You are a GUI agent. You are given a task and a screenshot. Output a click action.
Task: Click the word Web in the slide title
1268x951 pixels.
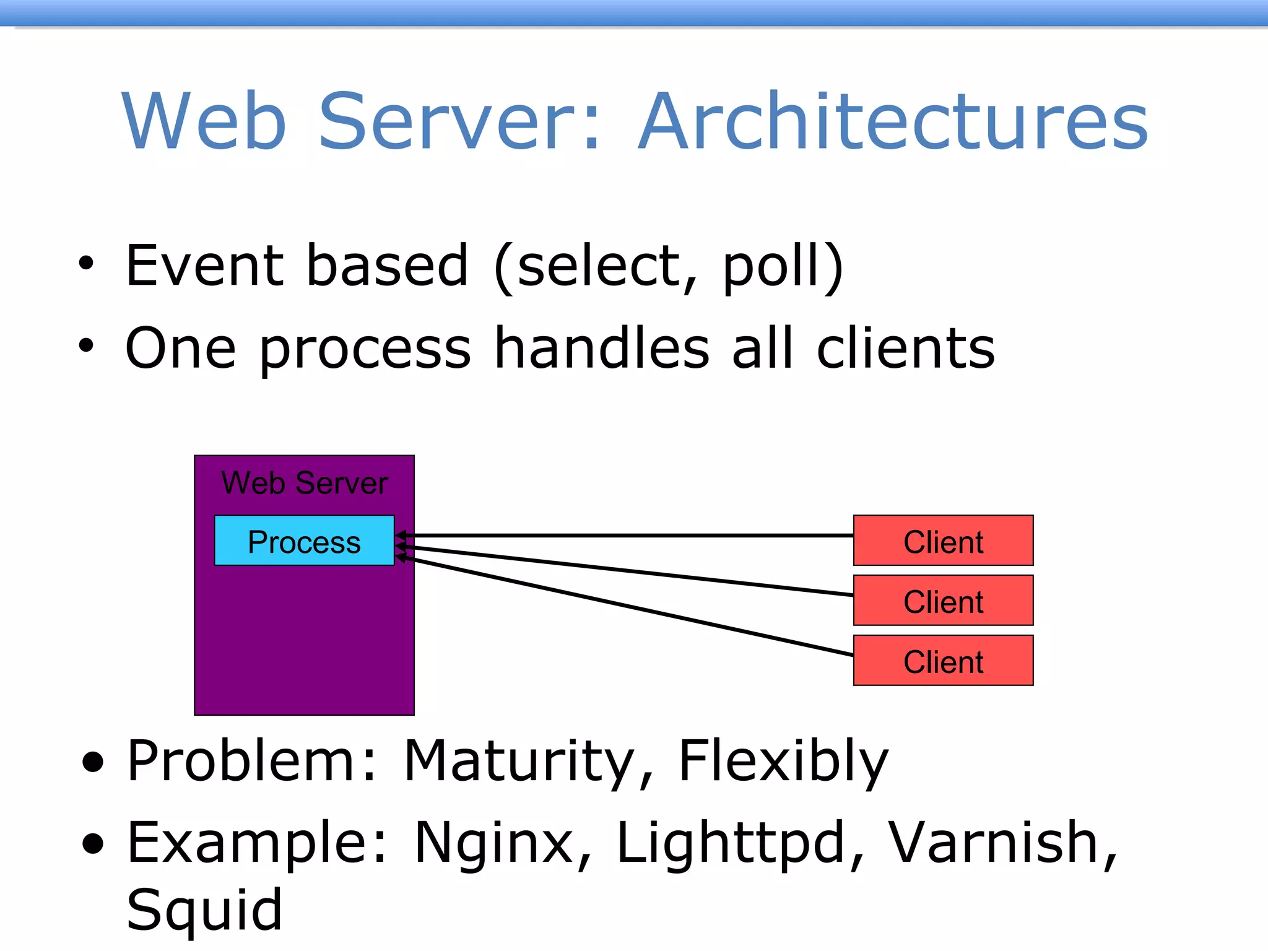click(204, 121)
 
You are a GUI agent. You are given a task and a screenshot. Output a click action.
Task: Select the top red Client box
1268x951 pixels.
click(942, 541)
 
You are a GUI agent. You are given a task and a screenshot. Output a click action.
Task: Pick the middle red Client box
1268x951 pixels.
click(942, 601)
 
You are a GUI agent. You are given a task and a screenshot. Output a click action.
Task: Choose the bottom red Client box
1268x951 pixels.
click(942, 661)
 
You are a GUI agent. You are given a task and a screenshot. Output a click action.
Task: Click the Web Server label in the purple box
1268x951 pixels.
click(304, 483)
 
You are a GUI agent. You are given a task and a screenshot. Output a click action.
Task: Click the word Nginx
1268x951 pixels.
click(502, 843)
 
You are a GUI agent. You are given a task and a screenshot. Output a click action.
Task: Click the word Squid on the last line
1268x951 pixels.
click(204, 910)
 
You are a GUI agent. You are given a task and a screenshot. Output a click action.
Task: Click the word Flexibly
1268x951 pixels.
click(783, 762)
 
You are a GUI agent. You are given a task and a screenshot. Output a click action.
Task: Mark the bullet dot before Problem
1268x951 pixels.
click(93, 763)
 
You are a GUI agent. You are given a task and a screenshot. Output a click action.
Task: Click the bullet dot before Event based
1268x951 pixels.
click(86, 264)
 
